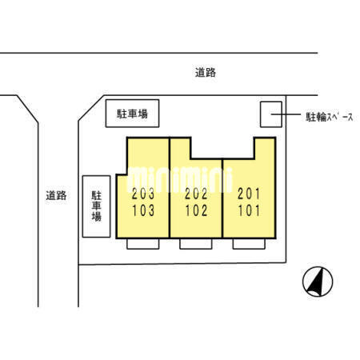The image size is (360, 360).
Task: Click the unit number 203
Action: (x=143, y=194)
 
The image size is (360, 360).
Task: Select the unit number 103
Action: (x=143, y=210)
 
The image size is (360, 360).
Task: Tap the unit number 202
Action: (x=196, y=194)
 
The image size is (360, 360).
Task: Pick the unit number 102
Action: (x=196, y=210)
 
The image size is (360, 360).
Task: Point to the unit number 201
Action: (x=249, y=194)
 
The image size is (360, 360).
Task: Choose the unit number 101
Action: (x=249, y=210)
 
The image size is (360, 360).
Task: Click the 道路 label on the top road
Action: (x=206, y=73)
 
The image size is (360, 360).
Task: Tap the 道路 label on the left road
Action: (x=56, y=195)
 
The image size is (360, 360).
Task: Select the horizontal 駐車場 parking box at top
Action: (x=132, y=114)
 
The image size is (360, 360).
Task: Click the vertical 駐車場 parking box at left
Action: (x=96, y=206)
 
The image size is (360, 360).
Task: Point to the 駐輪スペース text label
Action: (x=330, y=117)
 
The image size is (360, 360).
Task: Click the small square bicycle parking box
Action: (x=271, y=114)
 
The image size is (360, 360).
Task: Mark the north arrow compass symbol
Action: (x=318, y=282)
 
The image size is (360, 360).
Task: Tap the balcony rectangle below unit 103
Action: (x=143, y=244)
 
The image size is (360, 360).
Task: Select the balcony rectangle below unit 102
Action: (x=196, y=244)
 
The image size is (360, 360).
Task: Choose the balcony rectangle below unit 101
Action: (x=249, y=244)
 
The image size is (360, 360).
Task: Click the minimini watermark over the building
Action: (x=180, y=179)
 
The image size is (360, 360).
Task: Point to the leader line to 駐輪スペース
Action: (x=286, y=114)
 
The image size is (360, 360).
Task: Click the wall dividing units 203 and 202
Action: (x=170, y=187)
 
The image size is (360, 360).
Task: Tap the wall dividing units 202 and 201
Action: (x=222, y=198)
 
